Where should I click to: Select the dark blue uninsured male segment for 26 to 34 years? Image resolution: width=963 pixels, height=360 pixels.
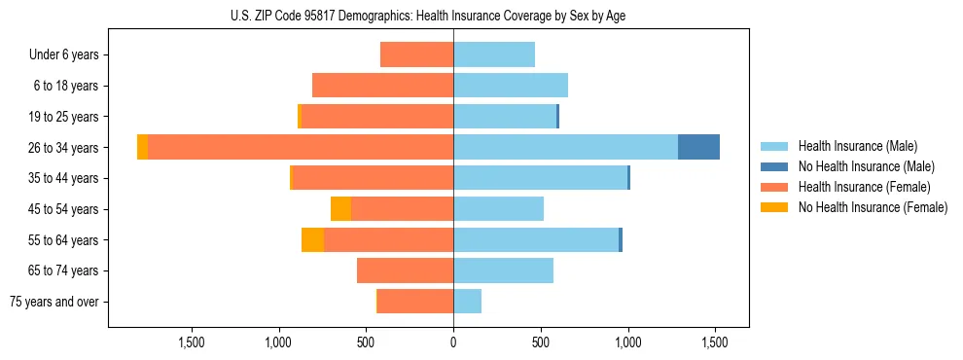click(698, 147)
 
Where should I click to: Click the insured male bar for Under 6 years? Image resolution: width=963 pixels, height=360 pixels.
click(494, 54)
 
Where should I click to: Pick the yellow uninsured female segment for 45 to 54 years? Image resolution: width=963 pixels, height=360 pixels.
click(340, 208)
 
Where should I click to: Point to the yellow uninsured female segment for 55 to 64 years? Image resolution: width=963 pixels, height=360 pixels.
click(312, 239)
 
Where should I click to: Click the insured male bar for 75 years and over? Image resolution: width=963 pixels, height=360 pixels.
click(467, 302)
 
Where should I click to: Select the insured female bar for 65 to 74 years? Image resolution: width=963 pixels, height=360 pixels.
click(405, 270)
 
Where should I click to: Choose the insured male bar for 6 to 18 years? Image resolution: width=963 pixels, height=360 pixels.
click(511, 86)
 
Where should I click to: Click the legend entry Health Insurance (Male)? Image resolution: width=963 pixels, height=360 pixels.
click(857, 146)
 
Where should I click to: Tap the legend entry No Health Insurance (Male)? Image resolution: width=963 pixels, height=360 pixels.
click(866, 166)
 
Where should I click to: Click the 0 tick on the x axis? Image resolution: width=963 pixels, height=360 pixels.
click(453, 342)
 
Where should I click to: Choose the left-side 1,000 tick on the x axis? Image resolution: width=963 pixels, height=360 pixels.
click(278, 342)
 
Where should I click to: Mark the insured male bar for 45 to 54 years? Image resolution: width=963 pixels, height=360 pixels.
click(498, 208)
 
